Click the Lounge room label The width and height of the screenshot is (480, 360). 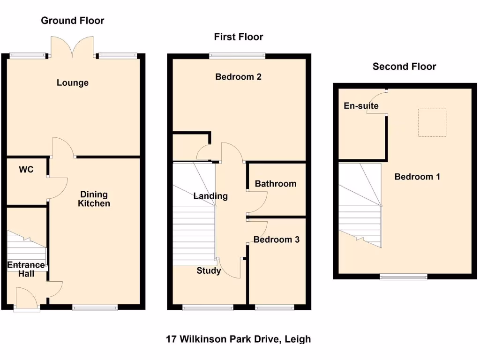point(73,83)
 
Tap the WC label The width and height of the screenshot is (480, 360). point(26,170)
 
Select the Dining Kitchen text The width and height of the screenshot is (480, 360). point(94,199)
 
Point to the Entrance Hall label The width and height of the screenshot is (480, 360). point(26,269)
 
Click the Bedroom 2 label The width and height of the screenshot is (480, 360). point(238,76)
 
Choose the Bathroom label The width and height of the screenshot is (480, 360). point(275,184)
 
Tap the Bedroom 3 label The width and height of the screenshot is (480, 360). point(276,240)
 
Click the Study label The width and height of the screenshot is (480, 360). point(209,270)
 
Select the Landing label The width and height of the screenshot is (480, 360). point(210,196)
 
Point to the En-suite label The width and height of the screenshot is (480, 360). point(361,106)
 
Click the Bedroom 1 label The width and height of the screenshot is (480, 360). point(417,177)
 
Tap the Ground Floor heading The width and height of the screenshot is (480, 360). point(73,20)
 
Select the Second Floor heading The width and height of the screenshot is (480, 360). point(404,67)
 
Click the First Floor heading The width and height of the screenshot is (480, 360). point(239,37)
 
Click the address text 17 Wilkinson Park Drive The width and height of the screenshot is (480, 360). point(238,338)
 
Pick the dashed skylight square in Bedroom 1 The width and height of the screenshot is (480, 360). point(432,123)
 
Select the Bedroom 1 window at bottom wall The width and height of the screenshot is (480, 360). point(403,277)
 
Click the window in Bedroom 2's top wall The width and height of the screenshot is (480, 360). point(237,55)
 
